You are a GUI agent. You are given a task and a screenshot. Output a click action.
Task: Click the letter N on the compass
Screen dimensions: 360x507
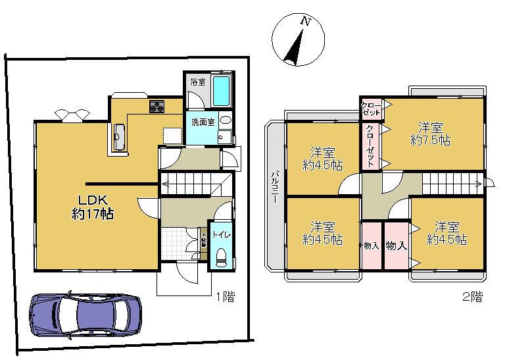pos(305,21)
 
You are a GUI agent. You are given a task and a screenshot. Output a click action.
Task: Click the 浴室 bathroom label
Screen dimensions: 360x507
pos(197,83)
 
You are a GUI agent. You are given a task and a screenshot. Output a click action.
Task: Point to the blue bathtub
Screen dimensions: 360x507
pos(222,91)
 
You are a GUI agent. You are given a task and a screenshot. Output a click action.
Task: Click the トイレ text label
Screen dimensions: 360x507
pos(220,232)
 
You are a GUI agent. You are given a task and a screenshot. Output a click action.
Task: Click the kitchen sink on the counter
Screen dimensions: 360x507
pos(119,137)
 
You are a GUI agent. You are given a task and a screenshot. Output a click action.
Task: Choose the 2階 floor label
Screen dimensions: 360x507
pos(471,297)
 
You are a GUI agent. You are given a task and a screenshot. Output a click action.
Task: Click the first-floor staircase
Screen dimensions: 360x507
pos(196,182)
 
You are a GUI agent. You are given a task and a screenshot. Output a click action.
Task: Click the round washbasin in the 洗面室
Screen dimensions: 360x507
pos(224,121)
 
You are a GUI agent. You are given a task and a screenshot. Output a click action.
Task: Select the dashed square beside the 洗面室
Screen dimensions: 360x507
pos(172,134)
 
